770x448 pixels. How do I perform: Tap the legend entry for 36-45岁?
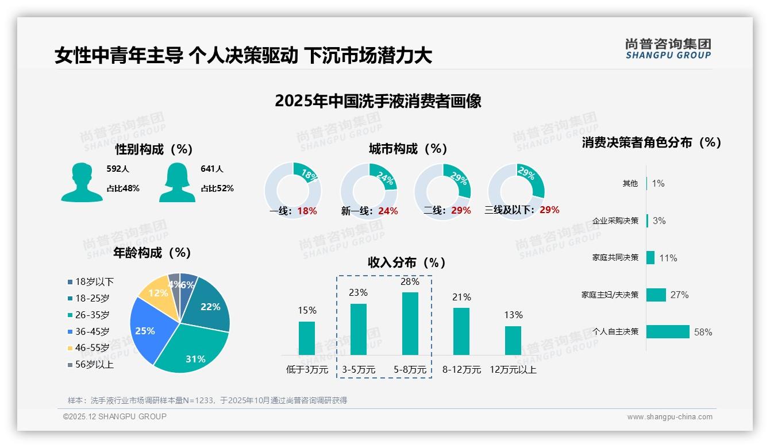tap(92, 331)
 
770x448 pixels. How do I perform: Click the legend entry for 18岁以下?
tap(94, 281)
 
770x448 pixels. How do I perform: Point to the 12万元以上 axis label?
tap(513, 370)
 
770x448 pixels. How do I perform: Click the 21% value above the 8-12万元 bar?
tap(461, 297)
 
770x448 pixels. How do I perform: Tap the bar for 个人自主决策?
tap(668, 331)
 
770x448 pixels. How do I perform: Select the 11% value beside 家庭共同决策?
tap(668, 258)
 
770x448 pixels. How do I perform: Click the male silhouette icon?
tap(82, 182)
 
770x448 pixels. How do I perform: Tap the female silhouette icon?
tap(177, 182)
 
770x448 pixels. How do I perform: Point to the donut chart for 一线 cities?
tap(292, 190)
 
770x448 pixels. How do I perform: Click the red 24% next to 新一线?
tap(388, 211)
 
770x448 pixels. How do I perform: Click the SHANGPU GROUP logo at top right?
tap(668, 49)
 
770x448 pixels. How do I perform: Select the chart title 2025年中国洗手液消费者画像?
tap(378, 101)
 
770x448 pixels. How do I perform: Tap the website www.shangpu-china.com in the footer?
tap(669, 417)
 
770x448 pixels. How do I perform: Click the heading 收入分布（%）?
tap(407, 262)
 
